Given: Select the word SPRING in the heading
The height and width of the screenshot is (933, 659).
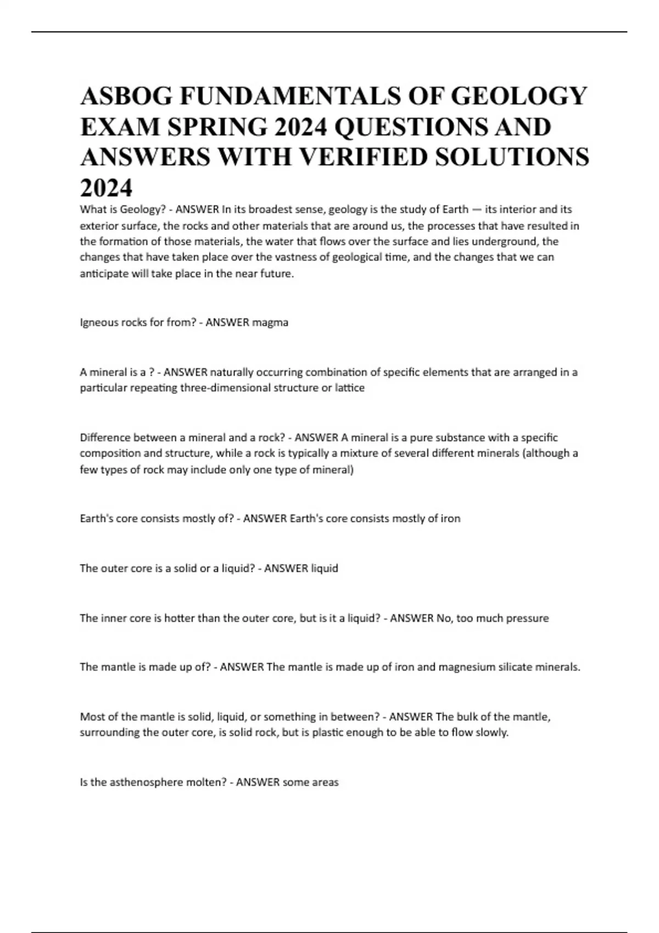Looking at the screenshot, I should coord(217,127).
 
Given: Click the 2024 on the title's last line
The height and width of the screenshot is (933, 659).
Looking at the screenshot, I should coord(106,188).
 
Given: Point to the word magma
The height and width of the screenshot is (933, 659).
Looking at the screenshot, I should coord(270,323).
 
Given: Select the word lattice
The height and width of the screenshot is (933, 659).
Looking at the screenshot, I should coord(350,388).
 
